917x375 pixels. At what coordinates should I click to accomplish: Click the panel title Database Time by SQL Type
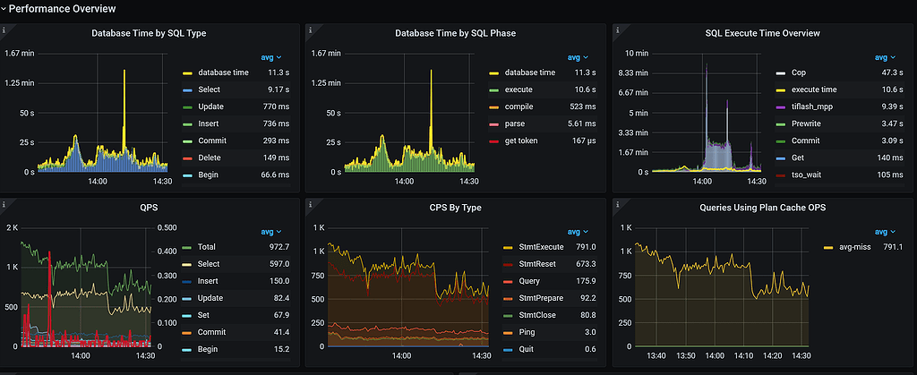coord(150,33)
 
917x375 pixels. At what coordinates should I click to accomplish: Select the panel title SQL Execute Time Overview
coord(762,33)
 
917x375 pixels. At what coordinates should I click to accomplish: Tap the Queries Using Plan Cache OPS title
coord(762,209)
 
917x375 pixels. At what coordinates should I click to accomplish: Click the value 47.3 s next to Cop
coord(891,72)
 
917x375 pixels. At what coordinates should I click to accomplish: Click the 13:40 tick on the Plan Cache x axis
coord(656,355)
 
